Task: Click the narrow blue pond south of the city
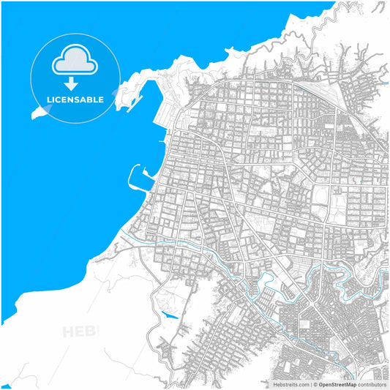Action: (169, 315)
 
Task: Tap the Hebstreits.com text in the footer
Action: (291, 384)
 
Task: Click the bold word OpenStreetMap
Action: (337, 384)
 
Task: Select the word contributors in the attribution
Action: (372, 384)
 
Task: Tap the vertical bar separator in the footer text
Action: (312, 384)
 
